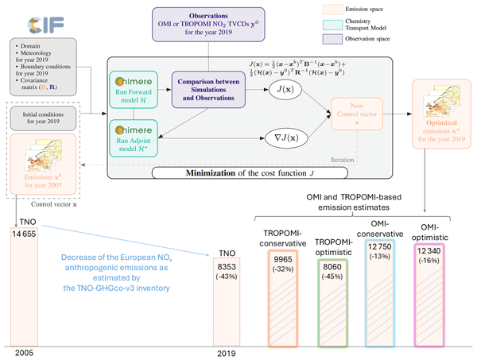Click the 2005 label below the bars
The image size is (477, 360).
(25, 351)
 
